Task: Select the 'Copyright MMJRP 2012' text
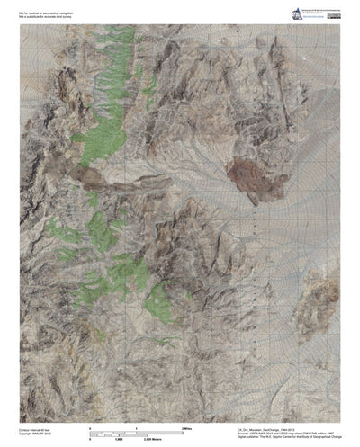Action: [x=37, y=434]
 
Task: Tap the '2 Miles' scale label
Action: [x=216, y=428]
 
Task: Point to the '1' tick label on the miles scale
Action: [x=149, y=428]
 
